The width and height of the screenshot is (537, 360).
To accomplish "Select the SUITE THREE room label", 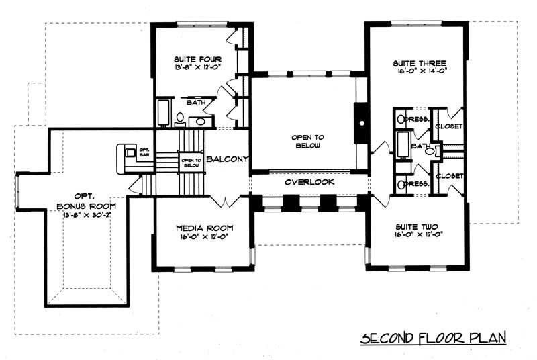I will pyautogui.click(x=420, y=64).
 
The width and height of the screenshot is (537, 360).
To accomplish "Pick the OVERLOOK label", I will pyautogui.click(x=309, y=182).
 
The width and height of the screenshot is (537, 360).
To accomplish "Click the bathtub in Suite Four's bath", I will pyautogui.click(x=164, y=112).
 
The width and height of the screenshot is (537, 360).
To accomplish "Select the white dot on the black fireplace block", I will pyautogui.click(x=362, y=123).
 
